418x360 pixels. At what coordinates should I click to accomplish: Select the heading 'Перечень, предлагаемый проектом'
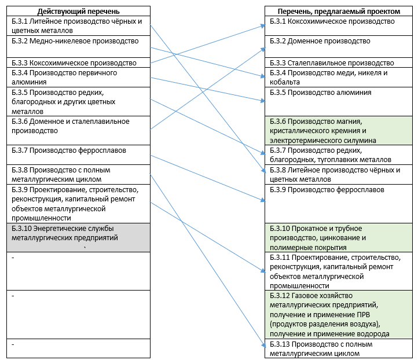pos(339,12)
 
